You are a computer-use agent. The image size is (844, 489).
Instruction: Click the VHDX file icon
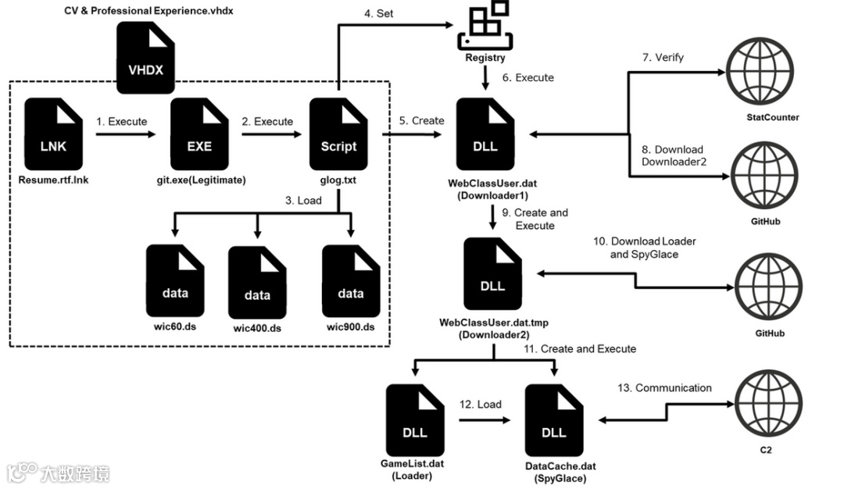[x=145, y=58]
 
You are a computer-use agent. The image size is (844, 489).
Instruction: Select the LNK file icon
[x=53, y=134]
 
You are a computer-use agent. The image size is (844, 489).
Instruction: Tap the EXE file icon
[x=199, y=134]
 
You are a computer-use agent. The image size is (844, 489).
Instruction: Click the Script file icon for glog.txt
[x=338, y=134]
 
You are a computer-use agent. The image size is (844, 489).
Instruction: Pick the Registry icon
[x=485, y=25]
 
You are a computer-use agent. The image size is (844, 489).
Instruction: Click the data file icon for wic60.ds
[x=175, y=280]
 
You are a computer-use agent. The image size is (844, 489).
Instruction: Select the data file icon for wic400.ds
[x=257, y=283]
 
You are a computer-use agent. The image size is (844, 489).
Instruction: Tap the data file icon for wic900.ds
[x=351, y=280]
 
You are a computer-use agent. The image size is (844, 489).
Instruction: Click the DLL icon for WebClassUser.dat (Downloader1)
[x=485, y=134]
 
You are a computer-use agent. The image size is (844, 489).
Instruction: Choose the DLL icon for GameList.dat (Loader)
[x=415, y=420]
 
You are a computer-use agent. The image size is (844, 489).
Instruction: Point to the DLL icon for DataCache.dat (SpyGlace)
[x=554, y=420]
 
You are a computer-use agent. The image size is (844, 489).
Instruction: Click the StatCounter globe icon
[x=760, y=71]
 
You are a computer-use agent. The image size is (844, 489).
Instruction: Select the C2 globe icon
[x=769, y=404]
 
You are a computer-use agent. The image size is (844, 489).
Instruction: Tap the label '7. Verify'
[x=663, y=58]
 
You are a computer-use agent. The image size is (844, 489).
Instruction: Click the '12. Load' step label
[x=480, y=405]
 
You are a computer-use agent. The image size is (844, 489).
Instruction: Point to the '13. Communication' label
[x=664, y=388]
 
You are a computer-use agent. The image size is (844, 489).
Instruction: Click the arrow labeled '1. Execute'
[x=125, y=134]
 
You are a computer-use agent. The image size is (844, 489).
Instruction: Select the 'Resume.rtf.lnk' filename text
[x=53, y=180]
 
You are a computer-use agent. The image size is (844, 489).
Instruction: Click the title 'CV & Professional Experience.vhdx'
[x=148, y=11]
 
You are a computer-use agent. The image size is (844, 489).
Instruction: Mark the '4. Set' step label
[x=378, y=13]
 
